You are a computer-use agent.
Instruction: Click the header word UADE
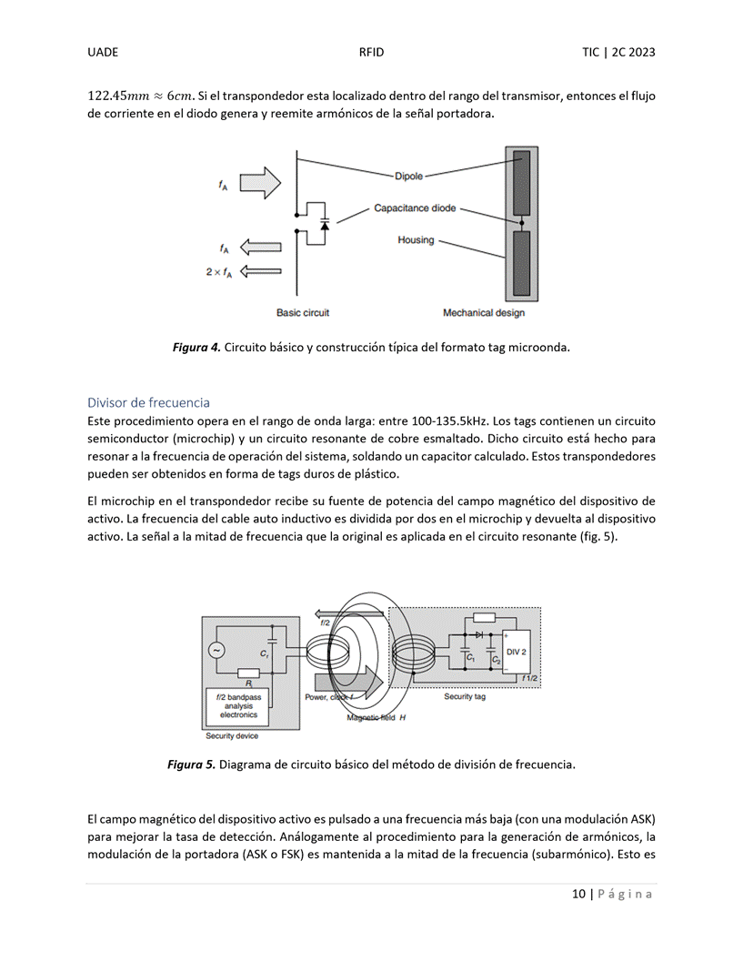[103, 52]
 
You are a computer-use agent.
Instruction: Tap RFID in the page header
[371, 52]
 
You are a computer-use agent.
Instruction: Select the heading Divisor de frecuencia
[148, 402]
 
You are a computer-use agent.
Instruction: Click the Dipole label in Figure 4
[409, 176]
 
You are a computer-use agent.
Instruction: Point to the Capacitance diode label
[415, 208]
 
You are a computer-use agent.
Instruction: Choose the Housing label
[416, 240]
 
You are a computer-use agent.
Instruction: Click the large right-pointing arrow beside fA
[260, 183]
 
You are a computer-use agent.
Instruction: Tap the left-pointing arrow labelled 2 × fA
[260, 271]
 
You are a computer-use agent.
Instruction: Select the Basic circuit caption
[303, 313]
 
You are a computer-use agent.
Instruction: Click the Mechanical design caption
[484, 313]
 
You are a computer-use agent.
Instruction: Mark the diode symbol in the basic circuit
[325, 225]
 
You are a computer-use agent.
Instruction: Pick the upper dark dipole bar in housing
[522, 183]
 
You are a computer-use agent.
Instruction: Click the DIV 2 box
[517, 653]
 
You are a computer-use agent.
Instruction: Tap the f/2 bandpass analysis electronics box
[238, 706]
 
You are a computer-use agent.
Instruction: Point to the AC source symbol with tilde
[216, 651]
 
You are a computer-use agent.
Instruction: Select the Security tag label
[465, 696]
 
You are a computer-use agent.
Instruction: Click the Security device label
[232, 735]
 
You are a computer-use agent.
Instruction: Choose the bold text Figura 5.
[191, 765]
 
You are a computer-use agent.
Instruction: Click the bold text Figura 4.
[196, 348]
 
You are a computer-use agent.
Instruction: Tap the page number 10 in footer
[578, 894]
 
